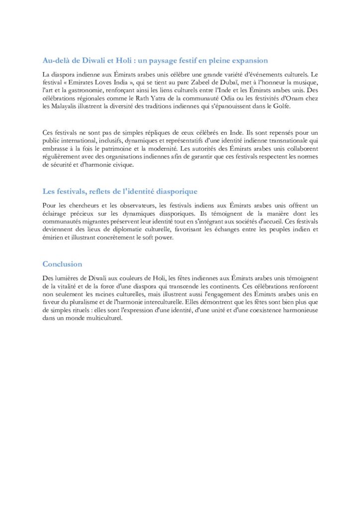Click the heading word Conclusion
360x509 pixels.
pos(62,264)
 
